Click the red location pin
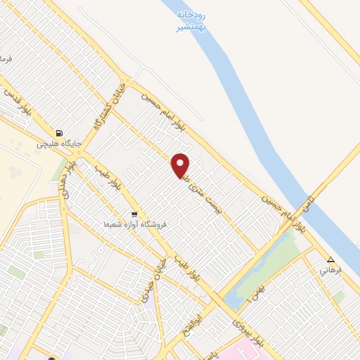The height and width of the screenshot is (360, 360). click(181, 165)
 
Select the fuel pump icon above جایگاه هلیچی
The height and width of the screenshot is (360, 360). click(59, 132)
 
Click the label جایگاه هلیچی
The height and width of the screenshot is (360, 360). click(60, 143)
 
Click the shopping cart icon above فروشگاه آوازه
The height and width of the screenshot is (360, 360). click(134, 214)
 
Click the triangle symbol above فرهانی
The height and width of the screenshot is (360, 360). click(330, 259)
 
